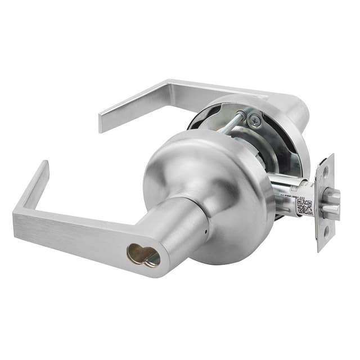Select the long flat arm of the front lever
pos(84,233)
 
